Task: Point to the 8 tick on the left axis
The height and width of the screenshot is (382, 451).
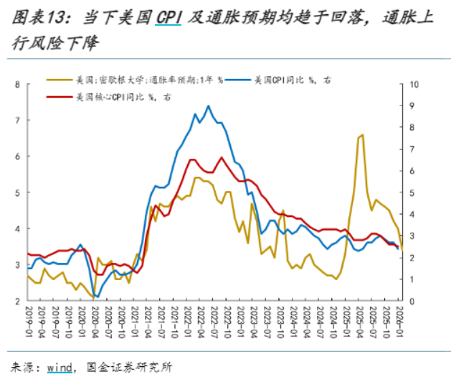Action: pyautogui.click(x=17, y=85)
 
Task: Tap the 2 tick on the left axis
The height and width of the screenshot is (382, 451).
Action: pyautogui.click(x=17, y=301)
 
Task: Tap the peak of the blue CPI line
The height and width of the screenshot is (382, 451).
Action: pyautogui.click(x=209, y=106)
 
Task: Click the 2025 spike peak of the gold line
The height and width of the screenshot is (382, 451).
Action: pyautogui.click(x=363, y=134)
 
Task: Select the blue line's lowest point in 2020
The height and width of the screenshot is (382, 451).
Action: pyautogui.click(x=96, y=296)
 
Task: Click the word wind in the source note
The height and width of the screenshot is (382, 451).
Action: pyautogui.click(x=60, y=367)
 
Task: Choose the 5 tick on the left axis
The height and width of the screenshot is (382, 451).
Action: pyautogui.click(x=17, y=192)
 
